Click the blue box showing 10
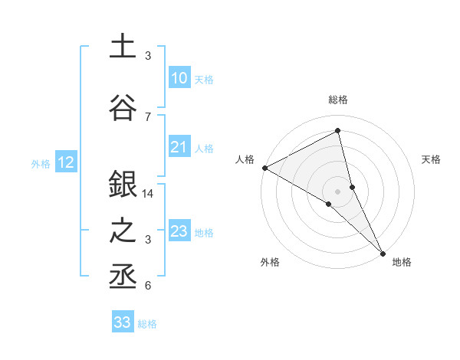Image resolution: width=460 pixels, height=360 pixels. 179,78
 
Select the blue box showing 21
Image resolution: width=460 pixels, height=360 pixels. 179,147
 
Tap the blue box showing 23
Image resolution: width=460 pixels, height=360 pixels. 179,231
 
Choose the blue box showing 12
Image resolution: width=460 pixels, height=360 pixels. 66,162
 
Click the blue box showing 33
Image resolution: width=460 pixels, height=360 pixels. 123,322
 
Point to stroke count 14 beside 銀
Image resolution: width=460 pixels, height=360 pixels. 148,194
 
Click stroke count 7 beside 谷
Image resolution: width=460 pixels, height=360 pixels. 148,116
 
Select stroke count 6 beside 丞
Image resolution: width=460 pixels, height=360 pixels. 148,286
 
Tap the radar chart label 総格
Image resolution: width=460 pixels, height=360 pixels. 338,100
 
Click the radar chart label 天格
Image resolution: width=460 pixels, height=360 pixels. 431,159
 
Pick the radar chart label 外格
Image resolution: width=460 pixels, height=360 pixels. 269,263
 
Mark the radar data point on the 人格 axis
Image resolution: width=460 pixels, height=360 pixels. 264,168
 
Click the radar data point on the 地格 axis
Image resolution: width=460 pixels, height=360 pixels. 382,252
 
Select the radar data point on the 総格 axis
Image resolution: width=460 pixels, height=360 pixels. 338,131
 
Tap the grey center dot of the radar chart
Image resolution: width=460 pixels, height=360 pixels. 338,191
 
